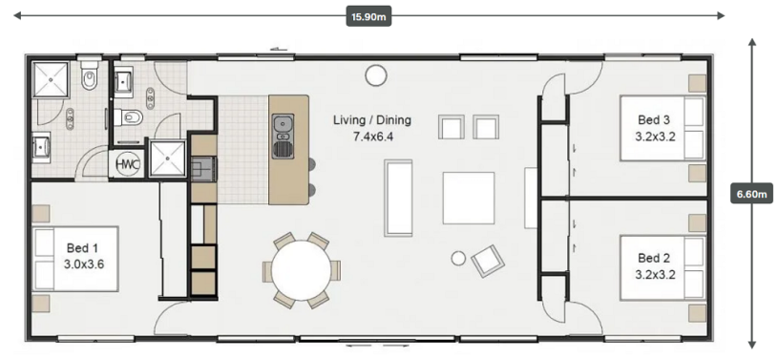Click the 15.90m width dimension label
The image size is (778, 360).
[x=368, y=17]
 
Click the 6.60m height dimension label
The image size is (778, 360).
[x=751, y=194]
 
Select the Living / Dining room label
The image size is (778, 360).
[x=372, y=119]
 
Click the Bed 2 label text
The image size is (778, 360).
[x=655, y=258]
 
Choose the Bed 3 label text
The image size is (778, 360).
[x=655, y=119]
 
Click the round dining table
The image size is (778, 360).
[x=302, y=270]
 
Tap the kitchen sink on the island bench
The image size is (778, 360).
[x=283, y=136]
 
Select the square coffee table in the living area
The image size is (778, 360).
[x=469, y=198]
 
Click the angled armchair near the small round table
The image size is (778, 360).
[x=488, y=261]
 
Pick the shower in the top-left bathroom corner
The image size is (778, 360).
[x=50, y=79]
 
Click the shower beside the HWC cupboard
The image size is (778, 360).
[x=168, y=159]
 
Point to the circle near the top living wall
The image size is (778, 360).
[x=375, y=75]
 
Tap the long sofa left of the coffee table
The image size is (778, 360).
[x=398, y=198]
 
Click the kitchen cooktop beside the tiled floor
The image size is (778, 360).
[x=204, y=168]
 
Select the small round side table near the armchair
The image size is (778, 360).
[x=458, y=258]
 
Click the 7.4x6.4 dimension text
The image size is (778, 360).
[x=372, y=137]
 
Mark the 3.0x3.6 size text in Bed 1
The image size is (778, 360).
[x=84, y=264]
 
